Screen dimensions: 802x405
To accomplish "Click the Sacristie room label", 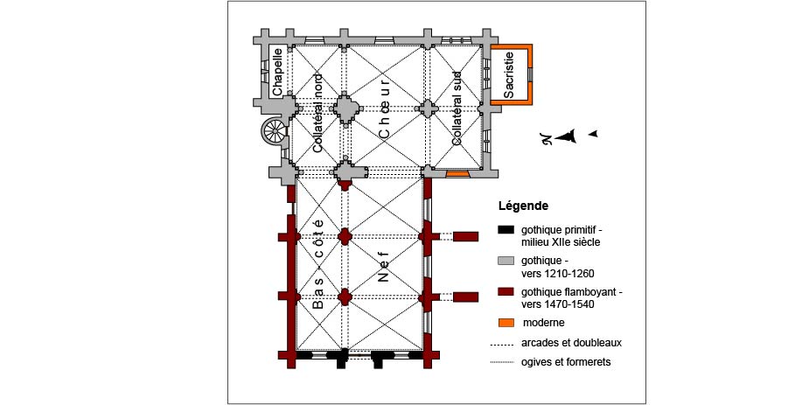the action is [x=508, y=74].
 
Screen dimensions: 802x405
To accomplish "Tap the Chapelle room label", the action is [x=277, y=72].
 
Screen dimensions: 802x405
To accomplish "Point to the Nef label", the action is [x=384, y=267].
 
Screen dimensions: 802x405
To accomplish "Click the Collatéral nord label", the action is [x=317, y=113].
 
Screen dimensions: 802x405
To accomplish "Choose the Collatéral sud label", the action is [x=457, y=108].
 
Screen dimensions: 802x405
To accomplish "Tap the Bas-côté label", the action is [x=317, y=264].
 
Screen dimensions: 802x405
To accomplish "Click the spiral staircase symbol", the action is [x=275, y=131].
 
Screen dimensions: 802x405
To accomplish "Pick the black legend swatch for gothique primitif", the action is [x=506, y=229].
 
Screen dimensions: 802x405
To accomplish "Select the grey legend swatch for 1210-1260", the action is [x=506, y=261].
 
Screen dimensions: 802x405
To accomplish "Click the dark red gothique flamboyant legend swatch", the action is [x=506, y=292].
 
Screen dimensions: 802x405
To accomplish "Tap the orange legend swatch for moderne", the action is [x=506, y=323].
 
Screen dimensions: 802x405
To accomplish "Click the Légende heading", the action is [x=523, y=206].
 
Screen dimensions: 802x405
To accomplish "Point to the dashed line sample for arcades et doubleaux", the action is [x=502, y=344].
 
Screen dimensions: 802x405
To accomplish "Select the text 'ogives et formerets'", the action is [x=566, y=362].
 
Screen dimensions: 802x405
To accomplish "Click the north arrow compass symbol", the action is [x=568, y=136].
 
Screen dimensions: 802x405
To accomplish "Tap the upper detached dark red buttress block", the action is [x=465, y=236].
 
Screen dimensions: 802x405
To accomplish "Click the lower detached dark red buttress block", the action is [x=465, y=297].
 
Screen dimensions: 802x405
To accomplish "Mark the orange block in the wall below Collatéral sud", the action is [x=457, y=174].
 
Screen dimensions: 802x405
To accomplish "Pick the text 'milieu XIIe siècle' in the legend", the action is [x=561, y=242].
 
